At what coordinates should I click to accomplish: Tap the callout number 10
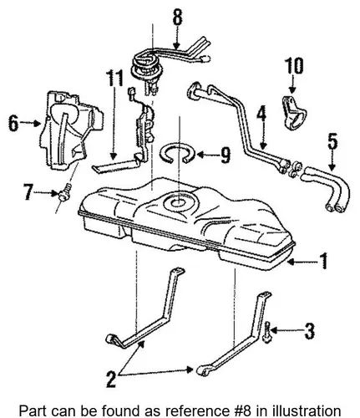(x=293, y=66)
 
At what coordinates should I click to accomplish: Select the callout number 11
(x=114, y=79)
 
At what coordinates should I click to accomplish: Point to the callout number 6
(x=13, y=123)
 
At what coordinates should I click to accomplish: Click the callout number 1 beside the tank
(x=323, y=262)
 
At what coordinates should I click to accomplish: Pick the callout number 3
(x=308, y=331)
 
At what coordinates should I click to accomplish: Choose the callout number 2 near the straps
(x=111, y=379)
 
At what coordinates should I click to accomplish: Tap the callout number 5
(x=332, y=141)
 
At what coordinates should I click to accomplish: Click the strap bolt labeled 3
(x=267, y=332)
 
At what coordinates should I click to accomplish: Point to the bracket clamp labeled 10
(x=294, y=113)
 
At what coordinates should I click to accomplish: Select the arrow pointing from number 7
(x=46, y=193)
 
